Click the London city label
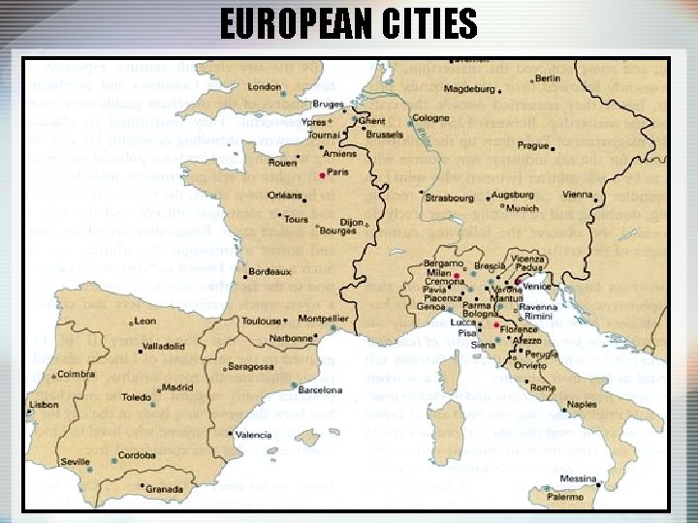(265, 87)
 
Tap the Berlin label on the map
(548, 78)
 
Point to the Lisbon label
(45, 404)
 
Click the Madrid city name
(177, 387)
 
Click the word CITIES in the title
(420, 24)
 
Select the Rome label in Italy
(543, 387)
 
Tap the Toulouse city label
(262, 321)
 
